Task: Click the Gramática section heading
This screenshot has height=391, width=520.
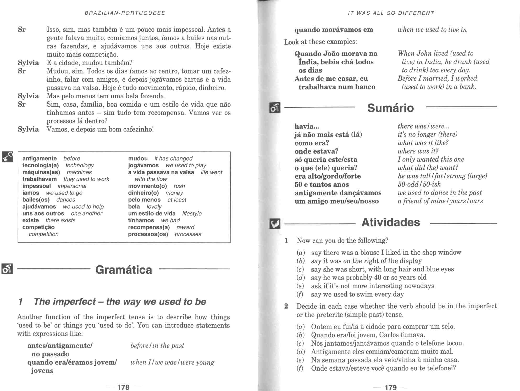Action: click(x=124, y=270)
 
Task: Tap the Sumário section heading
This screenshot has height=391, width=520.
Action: click(x=390, y=108)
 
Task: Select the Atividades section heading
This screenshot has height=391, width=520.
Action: click(x=391, y=222)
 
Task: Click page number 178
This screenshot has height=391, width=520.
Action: click(x=123, y=387)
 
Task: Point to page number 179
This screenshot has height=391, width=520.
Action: click(x=391, y=387)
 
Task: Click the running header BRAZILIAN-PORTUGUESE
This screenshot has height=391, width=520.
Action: click(x=125, y=13)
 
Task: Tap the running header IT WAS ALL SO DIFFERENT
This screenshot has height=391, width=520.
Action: click(x=391, y=13)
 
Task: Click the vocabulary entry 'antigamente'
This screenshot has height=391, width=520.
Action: click(x=40, y=158)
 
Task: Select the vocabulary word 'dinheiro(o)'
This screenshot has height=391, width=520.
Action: click(x=143, y=193)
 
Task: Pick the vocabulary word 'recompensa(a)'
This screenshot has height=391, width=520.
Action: click(x=149, y=227)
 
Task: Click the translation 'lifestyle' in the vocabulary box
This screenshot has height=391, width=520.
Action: click(x=192, y=213)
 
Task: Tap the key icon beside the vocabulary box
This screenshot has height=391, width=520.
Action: click(x=7, y=156)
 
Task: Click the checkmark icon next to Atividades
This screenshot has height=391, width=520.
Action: click(x=275, y=224)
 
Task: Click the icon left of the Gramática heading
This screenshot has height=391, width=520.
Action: click(x=7, y=269)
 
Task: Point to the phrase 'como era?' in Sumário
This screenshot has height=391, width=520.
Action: click(x=312, y=143)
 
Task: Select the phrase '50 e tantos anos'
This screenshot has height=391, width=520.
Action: click(x=322, y=185)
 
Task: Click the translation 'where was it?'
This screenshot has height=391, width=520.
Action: click(x=418, y=151)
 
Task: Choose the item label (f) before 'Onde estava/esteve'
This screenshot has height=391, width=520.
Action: click(x=300, y=369)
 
